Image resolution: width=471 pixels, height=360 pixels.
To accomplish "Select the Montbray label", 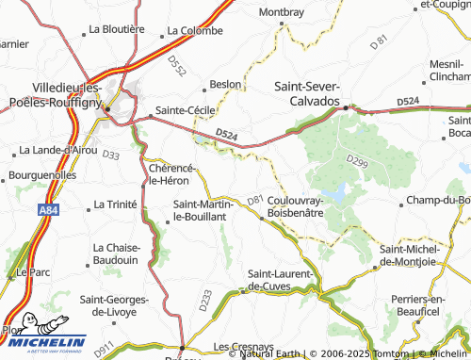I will [281, 12].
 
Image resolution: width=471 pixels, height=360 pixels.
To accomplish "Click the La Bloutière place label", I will [116, 29].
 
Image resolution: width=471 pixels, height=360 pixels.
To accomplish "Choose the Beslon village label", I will [226, 84].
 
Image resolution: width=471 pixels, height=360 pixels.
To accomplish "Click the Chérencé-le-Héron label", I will [172, 173].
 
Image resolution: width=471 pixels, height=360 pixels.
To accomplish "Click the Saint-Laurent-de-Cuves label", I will [283, 280].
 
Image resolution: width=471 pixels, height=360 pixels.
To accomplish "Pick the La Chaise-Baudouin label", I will [118, 254].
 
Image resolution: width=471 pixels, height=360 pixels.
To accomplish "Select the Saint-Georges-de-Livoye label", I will [114, 303].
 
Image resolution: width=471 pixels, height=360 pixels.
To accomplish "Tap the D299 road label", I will [356, 162].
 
